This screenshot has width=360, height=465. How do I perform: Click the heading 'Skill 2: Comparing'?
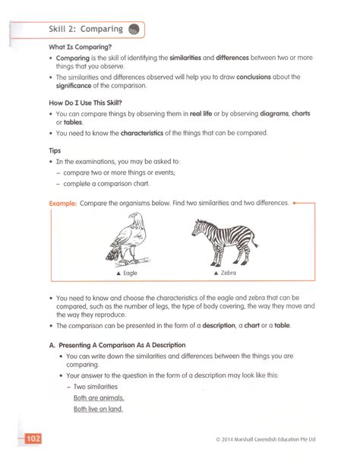(x=85, y=30)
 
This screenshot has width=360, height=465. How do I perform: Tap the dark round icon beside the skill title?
(x=134, y=30)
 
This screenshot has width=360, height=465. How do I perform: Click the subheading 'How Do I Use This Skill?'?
(x=90, y=102)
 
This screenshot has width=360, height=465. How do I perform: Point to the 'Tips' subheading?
(x=55, y=150)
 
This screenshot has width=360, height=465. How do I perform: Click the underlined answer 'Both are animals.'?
(x=98, y=397)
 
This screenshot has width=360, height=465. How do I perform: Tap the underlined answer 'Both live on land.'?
(x=98, y=409)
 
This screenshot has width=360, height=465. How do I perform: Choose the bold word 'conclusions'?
(x=264, y=77)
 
